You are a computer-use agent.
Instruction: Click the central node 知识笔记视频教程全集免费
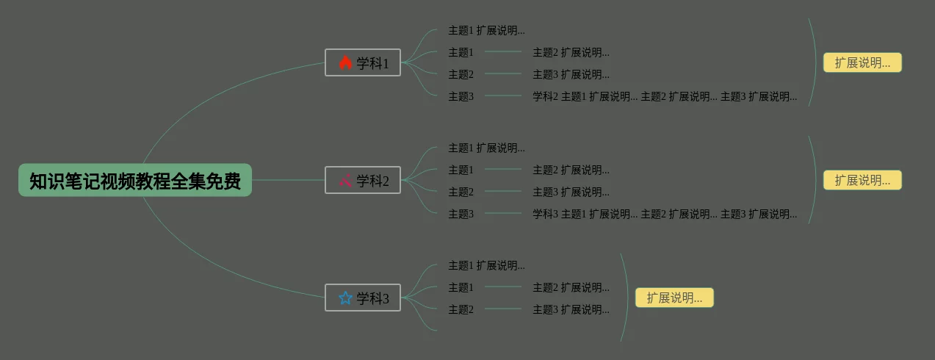[135, 181]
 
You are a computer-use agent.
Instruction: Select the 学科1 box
[363, 63]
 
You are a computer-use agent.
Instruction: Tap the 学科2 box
[363, 181]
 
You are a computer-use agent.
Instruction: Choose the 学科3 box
[363, 298]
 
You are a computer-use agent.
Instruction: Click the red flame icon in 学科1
[346, 63]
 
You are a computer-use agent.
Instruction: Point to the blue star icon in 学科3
[346, 298]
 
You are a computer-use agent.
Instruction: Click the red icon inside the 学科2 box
[346, 181]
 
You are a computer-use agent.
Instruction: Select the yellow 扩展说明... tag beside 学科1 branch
[862, 63]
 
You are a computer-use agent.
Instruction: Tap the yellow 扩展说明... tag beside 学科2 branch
[862, 181]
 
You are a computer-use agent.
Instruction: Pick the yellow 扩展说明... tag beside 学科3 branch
[674, 298]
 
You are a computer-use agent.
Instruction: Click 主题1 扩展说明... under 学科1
[486, 31]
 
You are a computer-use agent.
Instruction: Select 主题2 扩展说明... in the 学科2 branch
[571, 170]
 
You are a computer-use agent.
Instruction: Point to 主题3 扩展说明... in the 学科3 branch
[571, 310]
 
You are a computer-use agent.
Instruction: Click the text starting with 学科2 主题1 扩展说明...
[665, 97]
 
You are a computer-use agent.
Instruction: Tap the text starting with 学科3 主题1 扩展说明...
[665, 215]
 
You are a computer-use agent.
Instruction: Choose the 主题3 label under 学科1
[461, 97]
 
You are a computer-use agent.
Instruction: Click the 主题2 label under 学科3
[461, 310]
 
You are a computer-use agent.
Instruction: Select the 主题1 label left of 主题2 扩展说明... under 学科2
[461, 170]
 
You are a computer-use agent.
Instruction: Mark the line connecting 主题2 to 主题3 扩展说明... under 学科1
[503, 74]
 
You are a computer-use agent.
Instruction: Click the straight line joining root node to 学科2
[288, 180]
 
